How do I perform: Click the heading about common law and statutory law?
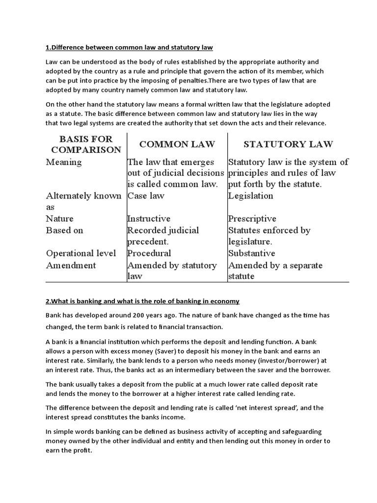(x=129, y=47)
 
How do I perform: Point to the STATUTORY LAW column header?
(x=288, y=144)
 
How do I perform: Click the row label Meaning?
(x=64, y=162)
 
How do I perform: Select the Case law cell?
(x=146, y=196)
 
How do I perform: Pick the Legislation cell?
(x=250, y=196)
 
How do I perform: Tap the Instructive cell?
(x=149, y=219)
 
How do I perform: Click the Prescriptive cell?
(x=252, y=219)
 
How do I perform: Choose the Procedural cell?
(x=149, y=253)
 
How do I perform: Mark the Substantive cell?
(x=251, y=253)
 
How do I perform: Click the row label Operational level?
(x=81, y=253)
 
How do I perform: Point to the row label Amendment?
(x=71, y=265)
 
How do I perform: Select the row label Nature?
(x=60, y=219)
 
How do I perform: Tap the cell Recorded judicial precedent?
(x=163, y=236)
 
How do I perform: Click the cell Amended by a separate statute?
(x=275, y=271)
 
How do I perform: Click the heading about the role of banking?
(x=142, y=301)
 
